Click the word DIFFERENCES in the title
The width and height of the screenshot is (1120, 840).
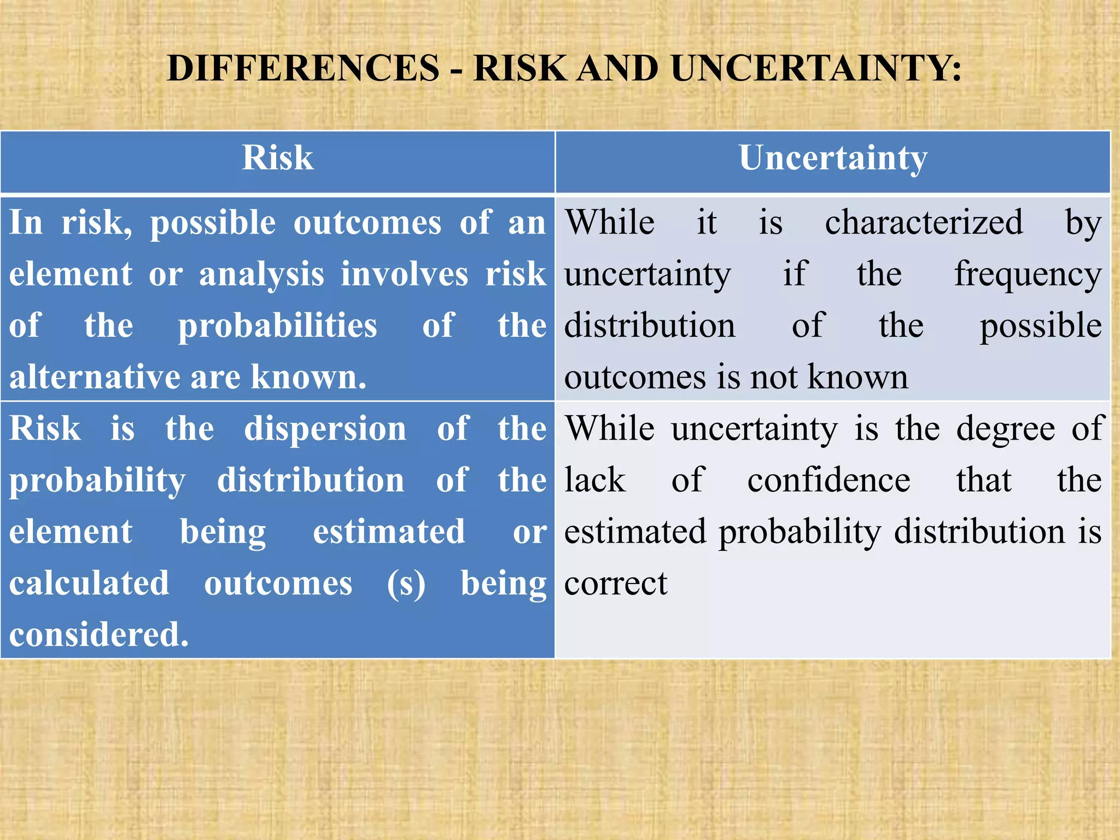(x=303, y=68)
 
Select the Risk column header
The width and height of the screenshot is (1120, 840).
(x=277, y=158)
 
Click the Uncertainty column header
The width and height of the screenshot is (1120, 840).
(x=833, y=158)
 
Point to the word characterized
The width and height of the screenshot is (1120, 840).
(x=924, y=223)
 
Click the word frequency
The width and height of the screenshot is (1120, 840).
(x=1028, y=274)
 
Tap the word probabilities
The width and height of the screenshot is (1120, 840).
(x=277, y=325)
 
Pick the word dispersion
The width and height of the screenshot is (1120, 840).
(x=325, y=428)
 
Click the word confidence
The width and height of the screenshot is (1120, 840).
(x=829, y=480)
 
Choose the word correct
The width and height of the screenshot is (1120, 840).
(x=616, y=583)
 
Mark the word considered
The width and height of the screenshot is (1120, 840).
(x=99, y=634)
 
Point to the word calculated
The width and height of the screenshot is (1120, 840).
(x=89, y=583)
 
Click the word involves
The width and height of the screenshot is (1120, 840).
(x=404, y=274)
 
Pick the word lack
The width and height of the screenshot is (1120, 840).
(x=594, y=480)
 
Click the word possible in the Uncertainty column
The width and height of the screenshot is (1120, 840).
(x=1040, y=326)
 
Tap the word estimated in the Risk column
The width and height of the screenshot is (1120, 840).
(x=389, y=532)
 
